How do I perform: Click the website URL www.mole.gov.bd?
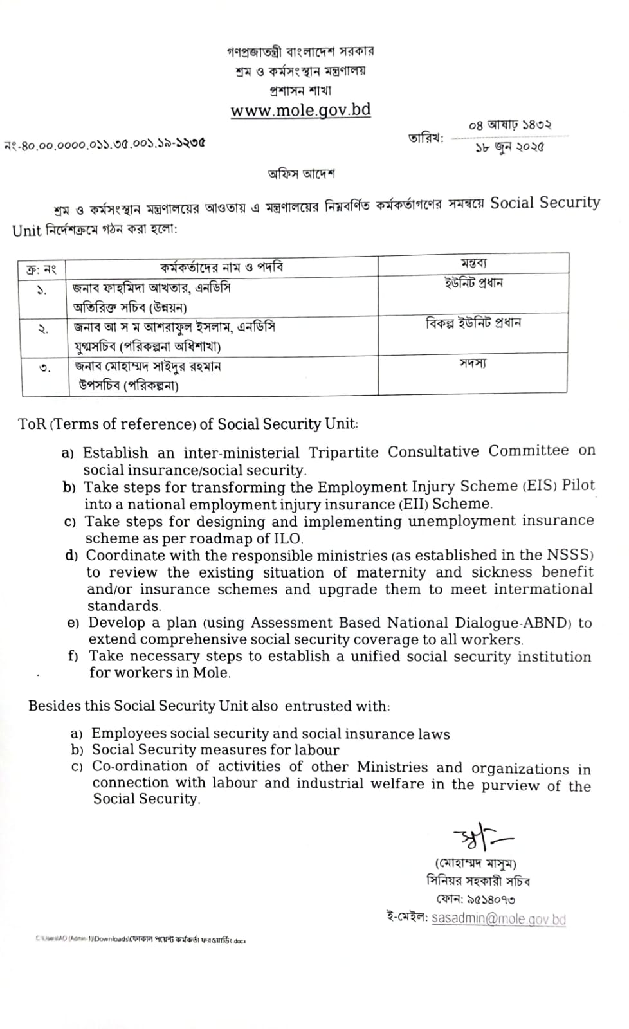(x=300, y=110)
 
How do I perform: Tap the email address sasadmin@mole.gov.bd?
(x=498, y=918)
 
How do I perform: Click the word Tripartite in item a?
(x=343, y=452)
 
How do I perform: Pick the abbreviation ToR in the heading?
(x=32, y=424)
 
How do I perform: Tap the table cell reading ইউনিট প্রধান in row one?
(x=473, y=283)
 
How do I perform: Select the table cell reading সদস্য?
(x=473, y=363)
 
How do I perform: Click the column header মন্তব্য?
(x=473, y=263)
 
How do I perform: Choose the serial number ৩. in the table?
(x=44, y=369)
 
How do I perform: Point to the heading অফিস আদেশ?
(x=302, y=174)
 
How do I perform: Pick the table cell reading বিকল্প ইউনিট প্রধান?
(x=473, y=323)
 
